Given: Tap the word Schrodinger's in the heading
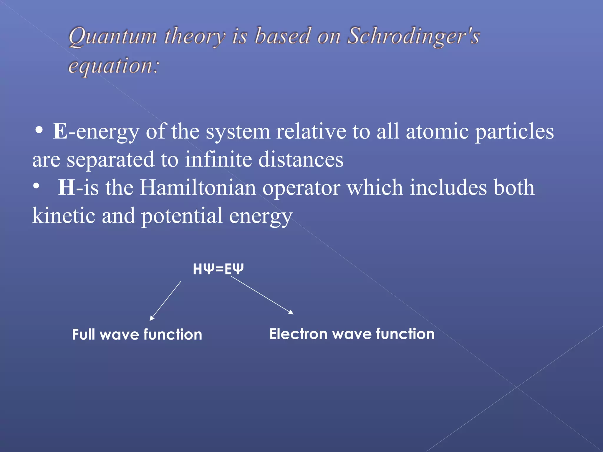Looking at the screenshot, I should click(414, 36).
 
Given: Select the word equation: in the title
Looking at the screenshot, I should click(114, 66).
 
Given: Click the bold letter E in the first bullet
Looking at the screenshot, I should click(60, 131).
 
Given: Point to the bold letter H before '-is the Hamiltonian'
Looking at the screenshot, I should click(67, 187).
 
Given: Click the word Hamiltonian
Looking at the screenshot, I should click(198, 187).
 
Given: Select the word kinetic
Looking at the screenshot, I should click(64, 215).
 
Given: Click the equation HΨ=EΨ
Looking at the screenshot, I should click(218, 269).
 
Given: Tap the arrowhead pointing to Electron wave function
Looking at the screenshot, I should click(291, 313).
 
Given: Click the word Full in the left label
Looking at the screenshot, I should click(84, 335).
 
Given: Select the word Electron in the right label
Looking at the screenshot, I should click(298, 334).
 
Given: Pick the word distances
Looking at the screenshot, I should click(301, 159).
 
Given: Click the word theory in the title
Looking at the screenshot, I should click(195, 36).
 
